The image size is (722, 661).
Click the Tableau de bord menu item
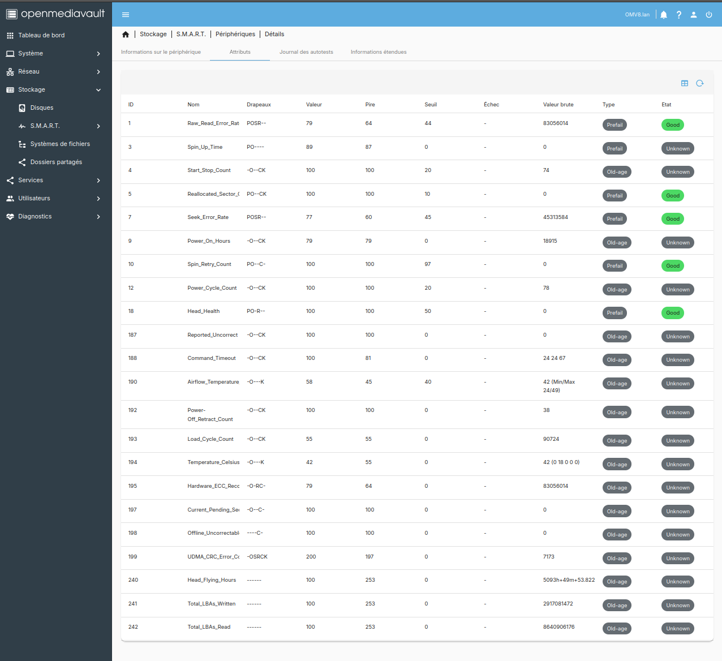(x=41, y=35)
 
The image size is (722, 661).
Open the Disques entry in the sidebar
(x=41, y=108)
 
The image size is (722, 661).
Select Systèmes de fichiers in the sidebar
(x=59, y=144)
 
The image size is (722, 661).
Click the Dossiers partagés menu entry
(x=55, y=162)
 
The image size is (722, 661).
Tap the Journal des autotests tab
(x=306, y=52)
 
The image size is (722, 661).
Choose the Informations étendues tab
(x=379, y=52)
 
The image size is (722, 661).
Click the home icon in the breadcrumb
(x=126, y=35)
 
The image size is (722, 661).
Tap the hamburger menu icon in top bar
(x=126, y=15)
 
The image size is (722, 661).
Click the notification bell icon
(x=664, y=15)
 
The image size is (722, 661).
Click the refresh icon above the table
(x=700, y=83)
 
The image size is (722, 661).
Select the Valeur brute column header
(x=558, y=105)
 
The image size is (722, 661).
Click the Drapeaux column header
(x=259, y=105)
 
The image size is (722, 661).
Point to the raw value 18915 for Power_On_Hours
(x=550, y=241)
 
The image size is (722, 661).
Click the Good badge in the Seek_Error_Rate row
(x=673, y=219)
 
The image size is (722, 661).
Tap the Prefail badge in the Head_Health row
(x=614, y=313)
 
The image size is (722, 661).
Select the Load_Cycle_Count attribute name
(x=210, y=439)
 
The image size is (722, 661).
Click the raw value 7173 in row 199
(x=549, y=557)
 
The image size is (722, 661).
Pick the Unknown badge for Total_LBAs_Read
(x=677, y=629)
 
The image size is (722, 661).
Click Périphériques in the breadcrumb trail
(x=235, y=35)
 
